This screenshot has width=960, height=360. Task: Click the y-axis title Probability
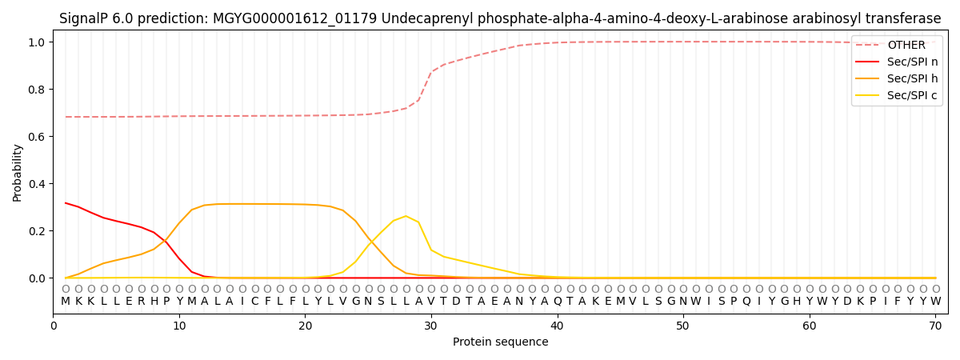click(x=18, y=172)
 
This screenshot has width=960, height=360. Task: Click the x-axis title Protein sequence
click(x=501, y=342)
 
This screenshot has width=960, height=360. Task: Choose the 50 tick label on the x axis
click(x=683, y=326)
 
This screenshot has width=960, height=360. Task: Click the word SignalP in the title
click(x=86, y=18)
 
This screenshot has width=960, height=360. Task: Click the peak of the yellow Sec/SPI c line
click(x=406, y=216)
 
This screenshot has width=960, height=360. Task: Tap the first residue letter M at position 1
click(x=66, y=302)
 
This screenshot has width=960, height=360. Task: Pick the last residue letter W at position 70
click(x=935, y=302)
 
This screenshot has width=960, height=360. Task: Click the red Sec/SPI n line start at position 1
click(x=66, y=203)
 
